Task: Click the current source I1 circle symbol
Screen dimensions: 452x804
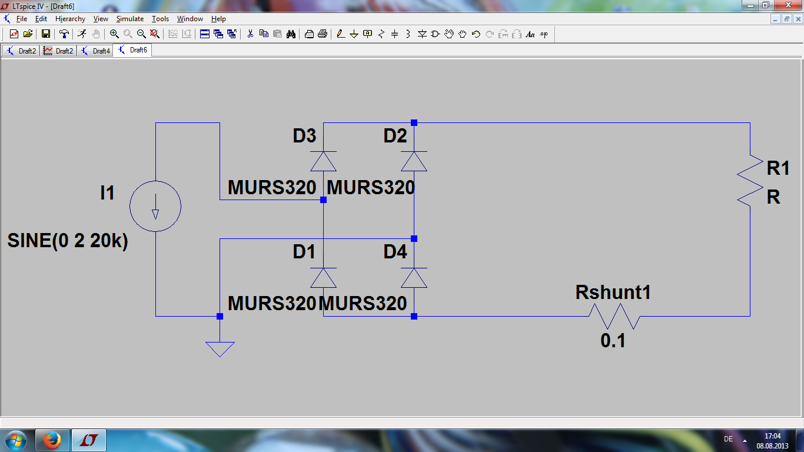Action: click(x=155, y=206)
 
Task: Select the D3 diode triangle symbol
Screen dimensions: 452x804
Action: click(x=323, y=161)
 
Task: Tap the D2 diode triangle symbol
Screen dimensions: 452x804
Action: click(x=414, y=161)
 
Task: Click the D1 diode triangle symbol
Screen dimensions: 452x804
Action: click(x=323, y=277)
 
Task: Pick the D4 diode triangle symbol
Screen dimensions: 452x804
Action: click(x=414, y=277)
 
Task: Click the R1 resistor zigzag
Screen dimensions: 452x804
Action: click(x=750, y=180)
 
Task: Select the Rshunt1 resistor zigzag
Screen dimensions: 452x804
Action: click(x=614, y=316)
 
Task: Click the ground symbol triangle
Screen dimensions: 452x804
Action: click(x=220, y=348)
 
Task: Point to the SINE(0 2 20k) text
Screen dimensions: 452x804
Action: click(x=68, y=241)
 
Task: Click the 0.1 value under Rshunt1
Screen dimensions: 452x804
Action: click(x=613, y=340)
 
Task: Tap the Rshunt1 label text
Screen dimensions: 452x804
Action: click(x=613, y=293)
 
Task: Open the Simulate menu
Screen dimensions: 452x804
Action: click(x=129, y=19)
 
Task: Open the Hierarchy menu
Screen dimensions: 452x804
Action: click(x=70, y=19)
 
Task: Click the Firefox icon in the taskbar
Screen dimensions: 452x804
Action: click(x=52, y=440)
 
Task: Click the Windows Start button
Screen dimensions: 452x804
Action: click(x=16, y=440)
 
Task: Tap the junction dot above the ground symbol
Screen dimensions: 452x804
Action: click(x=220, y=316)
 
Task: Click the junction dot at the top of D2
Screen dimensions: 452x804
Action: click(x=414, y=122)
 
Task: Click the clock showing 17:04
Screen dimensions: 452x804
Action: click(x=772, y=436)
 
